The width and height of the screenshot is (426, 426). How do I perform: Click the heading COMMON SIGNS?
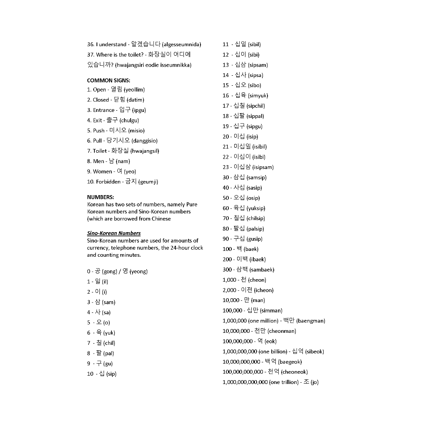coord(108,80)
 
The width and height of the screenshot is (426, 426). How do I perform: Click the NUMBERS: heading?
coord(100,197)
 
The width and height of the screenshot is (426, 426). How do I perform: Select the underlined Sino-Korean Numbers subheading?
coord(114,233)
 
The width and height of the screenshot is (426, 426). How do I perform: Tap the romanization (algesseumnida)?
coord(181,45)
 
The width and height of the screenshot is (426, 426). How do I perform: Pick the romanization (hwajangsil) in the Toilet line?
coord(145,151)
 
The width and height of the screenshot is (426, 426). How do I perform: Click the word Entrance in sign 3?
coord(104,110)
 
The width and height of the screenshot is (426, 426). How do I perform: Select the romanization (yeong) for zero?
coord(139,272)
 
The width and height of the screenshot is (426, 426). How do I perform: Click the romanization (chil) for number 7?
coord(109,343)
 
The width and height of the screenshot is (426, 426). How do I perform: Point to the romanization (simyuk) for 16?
coord(258,96)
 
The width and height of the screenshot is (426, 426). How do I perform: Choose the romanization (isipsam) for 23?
coord(263,167)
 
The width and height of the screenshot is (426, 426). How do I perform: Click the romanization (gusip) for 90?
coord(255,239)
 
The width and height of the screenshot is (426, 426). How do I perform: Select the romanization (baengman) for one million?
coord(311,321)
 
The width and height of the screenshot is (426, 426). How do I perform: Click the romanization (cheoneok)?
coord(294,372)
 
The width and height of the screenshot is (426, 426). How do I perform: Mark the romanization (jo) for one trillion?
coord(315,382)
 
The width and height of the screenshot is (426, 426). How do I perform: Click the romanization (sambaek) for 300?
coord(262,270)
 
